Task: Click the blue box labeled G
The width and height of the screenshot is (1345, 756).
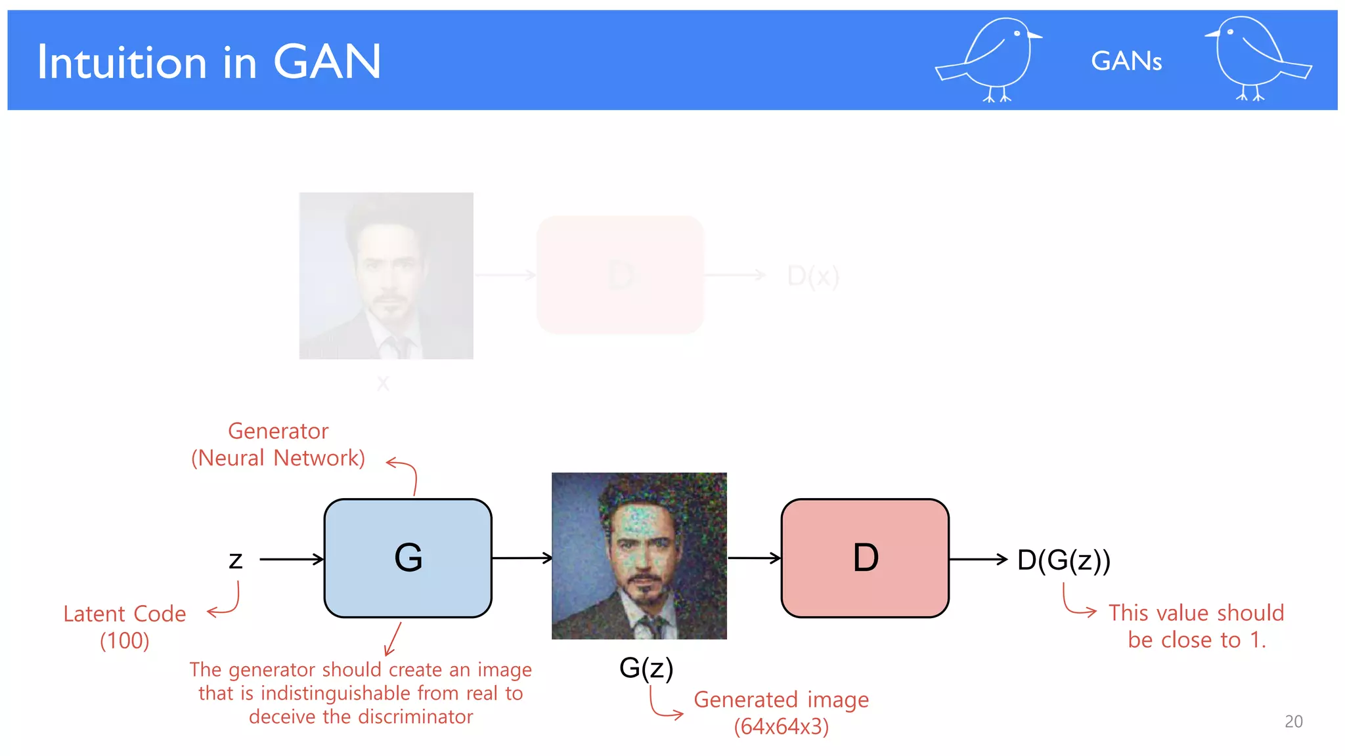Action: pos(408,558)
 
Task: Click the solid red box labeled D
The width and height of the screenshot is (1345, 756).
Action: pos(865,558)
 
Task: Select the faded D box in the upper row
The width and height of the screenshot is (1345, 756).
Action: pos(620,275)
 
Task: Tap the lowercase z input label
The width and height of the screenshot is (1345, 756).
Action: pos(236,560)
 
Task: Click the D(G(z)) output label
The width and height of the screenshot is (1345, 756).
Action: pos(1063,560)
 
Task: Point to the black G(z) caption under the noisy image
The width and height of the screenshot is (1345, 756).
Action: pos(646,668)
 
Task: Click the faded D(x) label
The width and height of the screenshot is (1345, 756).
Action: pos(813,276)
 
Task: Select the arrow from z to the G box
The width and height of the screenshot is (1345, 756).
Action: pos(292,559)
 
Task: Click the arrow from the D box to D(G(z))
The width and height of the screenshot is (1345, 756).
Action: pos(978,559)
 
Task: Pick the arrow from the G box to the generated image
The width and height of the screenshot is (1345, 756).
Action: pos(521,558)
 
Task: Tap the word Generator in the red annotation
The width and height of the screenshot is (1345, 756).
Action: pos(278,431)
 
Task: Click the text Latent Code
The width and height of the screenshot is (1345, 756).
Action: pos(125,614)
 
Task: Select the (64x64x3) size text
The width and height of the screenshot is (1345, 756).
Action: pos(781,726)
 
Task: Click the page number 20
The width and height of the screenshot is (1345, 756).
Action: pos(1293,721)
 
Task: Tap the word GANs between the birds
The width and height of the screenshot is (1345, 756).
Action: pos(1126,61)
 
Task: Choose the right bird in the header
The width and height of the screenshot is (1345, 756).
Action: pos(1254,59)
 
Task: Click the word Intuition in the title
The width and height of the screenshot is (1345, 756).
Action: pos(122,62)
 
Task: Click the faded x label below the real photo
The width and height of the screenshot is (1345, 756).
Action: pos(384,383)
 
